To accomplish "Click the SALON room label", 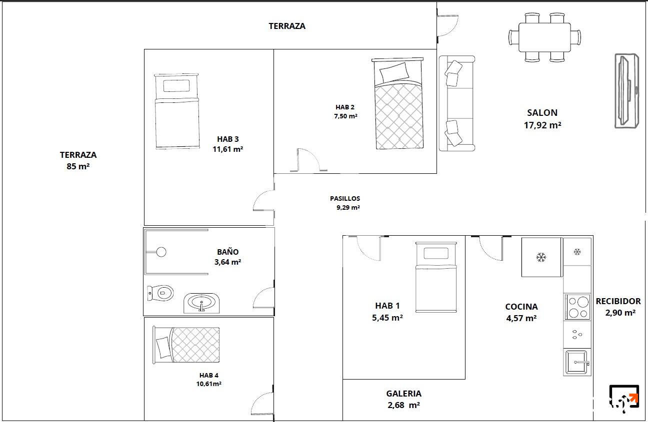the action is point(542,113).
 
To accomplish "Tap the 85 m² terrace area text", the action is point(78,166).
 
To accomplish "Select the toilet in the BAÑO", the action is point(160,293).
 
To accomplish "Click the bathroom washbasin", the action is point(201,303).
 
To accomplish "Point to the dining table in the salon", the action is point(544,37).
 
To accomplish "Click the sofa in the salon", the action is point(457,103).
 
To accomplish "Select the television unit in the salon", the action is point(626,91).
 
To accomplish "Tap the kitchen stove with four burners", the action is point(577,307).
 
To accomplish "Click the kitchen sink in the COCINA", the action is point(577,362).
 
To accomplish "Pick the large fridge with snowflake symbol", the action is point(542,257).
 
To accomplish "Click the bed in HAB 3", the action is point(177,111).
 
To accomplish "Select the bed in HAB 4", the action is point(186,345).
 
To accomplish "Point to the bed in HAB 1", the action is point(436,277).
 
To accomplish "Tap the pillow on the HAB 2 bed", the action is point(394,72).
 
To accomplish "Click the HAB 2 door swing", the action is point(309,160).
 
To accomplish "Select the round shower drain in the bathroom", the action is point(161,252).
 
